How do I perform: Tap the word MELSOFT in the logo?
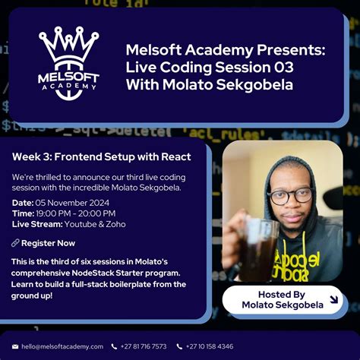(x=68, y=77)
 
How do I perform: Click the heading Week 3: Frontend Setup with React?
(x=101, y=157)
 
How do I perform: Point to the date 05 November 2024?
(x=72, y=203)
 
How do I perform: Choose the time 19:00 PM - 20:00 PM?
(x=74, y=213)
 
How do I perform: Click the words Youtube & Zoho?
(x=96, y=224)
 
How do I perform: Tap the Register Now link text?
(x=48, y=243)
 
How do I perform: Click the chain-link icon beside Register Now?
(x=15, y=243)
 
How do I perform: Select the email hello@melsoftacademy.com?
(x=62, y=346)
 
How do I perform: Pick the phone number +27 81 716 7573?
(x=143, y=346)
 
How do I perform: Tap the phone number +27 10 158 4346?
(x=210, y=346)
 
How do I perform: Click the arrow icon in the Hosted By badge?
(x=333, y=299)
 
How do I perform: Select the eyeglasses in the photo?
(x=289, y=195)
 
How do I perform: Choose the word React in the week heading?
(x=175, y=157)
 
